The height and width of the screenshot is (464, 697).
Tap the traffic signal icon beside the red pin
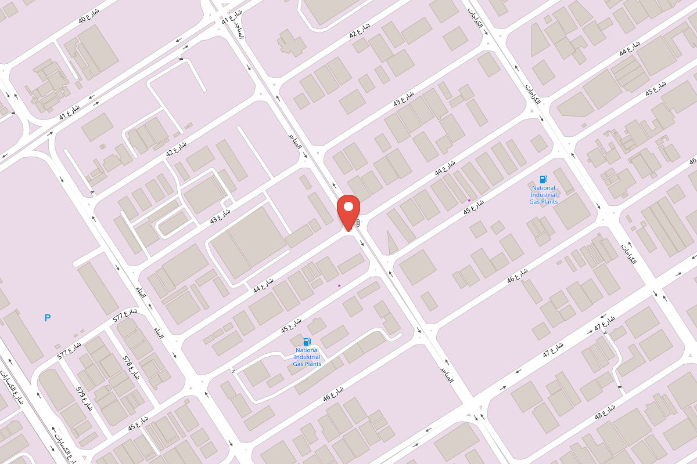pos(358,223)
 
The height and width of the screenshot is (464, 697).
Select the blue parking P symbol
pos(48,318)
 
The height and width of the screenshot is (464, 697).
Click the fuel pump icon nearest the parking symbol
pos(307,342)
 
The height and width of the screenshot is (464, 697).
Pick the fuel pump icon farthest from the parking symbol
pos(543,180)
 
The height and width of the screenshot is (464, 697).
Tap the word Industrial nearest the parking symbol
pos(307,357)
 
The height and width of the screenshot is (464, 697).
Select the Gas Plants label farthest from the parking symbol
pos(543,202)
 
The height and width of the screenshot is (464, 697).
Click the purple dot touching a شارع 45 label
pos(469,201)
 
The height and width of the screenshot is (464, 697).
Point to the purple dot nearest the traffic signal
pos(340,285)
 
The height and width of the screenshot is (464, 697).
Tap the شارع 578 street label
pos(131,366)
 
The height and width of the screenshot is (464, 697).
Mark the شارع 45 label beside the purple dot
pos(474,207)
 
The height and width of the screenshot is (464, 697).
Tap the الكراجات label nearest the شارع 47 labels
pos(629,253)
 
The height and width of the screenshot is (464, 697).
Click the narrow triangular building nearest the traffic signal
pos(393,242)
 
